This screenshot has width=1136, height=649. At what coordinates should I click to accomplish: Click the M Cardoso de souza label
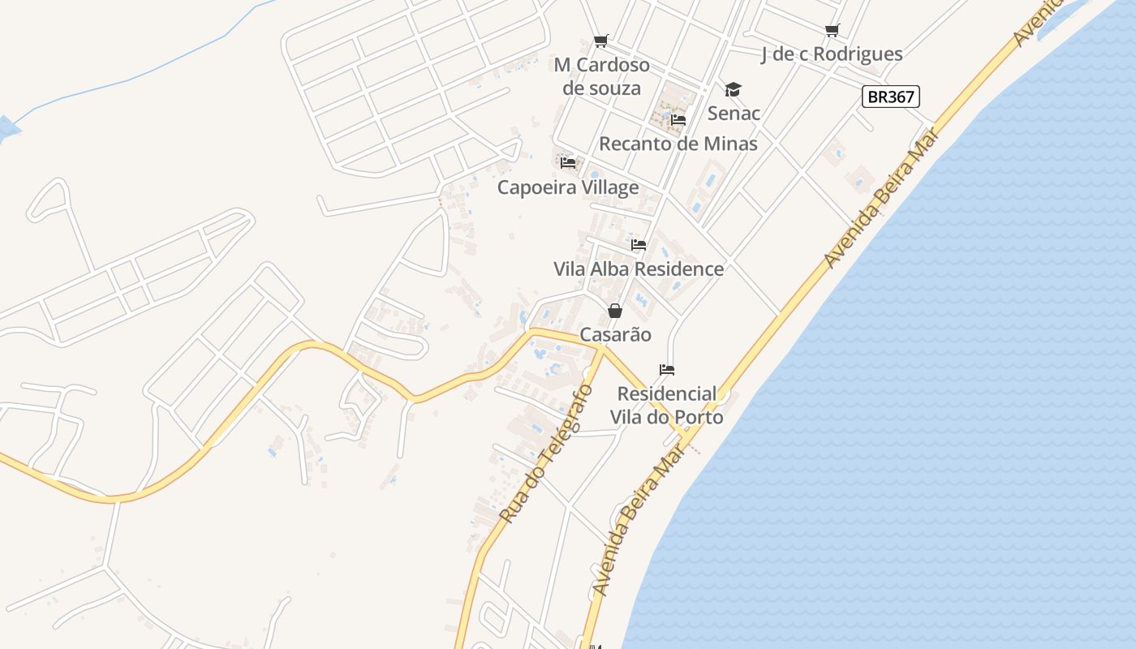602,76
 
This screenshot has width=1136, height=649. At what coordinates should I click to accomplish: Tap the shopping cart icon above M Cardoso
600,41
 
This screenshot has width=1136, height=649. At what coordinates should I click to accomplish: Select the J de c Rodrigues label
832,54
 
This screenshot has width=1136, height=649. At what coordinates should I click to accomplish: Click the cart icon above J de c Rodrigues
832,31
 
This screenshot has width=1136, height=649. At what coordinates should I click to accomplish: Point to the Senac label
734,113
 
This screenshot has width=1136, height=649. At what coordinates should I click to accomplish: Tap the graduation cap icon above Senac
733,89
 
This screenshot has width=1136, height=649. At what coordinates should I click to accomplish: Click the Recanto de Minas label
678,144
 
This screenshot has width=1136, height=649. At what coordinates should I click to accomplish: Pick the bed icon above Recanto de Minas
678,120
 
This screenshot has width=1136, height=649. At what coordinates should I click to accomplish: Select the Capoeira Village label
568,187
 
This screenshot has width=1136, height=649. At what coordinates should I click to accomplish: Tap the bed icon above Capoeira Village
568,163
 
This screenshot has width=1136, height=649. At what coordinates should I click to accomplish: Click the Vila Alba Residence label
639,269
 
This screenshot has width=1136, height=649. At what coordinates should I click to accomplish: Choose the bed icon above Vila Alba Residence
639,244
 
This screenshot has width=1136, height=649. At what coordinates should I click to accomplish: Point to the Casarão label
615,334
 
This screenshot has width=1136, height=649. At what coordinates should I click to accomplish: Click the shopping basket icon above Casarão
615,311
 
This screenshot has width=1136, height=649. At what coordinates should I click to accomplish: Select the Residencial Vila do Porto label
669,406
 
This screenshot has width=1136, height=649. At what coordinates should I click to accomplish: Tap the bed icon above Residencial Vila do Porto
667,370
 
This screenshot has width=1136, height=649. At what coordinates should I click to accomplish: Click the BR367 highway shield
890,97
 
